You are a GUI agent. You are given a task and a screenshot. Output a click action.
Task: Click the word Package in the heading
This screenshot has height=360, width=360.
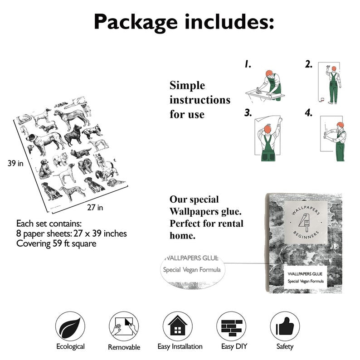136,22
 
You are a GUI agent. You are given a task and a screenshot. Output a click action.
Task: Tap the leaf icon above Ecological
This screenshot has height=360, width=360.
70,326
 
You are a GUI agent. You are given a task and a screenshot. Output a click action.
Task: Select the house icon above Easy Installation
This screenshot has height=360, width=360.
177,326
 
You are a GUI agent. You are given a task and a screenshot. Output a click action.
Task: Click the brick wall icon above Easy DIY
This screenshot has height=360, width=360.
231,326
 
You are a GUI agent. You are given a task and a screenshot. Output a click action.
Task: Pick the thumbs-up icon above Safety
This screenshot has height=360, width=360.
285,326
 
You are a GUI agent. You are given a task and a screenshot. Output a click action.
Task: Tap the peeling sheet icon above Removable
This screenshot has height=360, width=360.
124,326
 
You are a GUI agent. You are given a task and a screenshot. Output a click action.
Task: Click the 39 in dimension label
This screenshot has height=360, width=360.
15,163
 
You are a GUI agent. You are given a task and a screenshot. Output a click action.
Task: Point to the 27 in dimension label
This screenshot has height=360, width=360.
95,208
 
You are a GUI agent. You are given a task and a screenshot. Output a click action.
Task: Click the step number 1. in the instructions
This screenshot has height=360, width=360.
248,64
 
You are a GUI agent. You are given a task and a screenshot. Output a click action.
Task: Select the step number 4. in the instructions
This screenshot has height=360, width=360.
309,113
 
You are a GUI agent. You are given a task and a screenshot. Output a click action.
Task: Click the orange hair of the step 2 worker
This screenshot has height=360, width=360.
334,68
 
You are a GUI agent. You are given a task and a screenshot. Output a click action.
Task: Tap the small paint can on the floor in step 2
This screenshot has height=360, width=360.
322,99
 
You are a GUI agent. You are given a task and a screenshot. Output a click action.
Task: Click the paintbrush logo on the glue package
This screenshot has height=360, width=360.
303,223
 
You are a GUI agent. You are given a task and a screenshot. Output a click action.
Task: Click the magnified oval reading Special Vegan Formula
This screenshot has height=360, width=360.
192,270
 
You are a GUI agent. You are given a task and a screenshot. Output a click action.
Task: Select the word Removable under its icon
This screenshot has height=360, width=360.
124,347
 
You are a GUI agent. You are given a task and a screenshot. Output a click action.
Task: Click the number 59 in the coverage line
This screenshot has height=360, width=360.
58,243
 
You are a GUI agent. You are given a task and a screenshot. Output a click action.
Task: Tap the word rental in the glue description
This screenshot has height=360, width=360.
231,224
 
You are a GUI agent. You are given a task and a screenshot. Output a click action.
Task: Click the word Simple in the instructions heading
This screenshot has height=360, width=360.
187,86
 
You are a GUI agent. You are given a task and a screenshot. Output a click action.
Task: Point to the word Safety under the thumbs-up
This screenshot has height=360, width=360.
285,347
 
